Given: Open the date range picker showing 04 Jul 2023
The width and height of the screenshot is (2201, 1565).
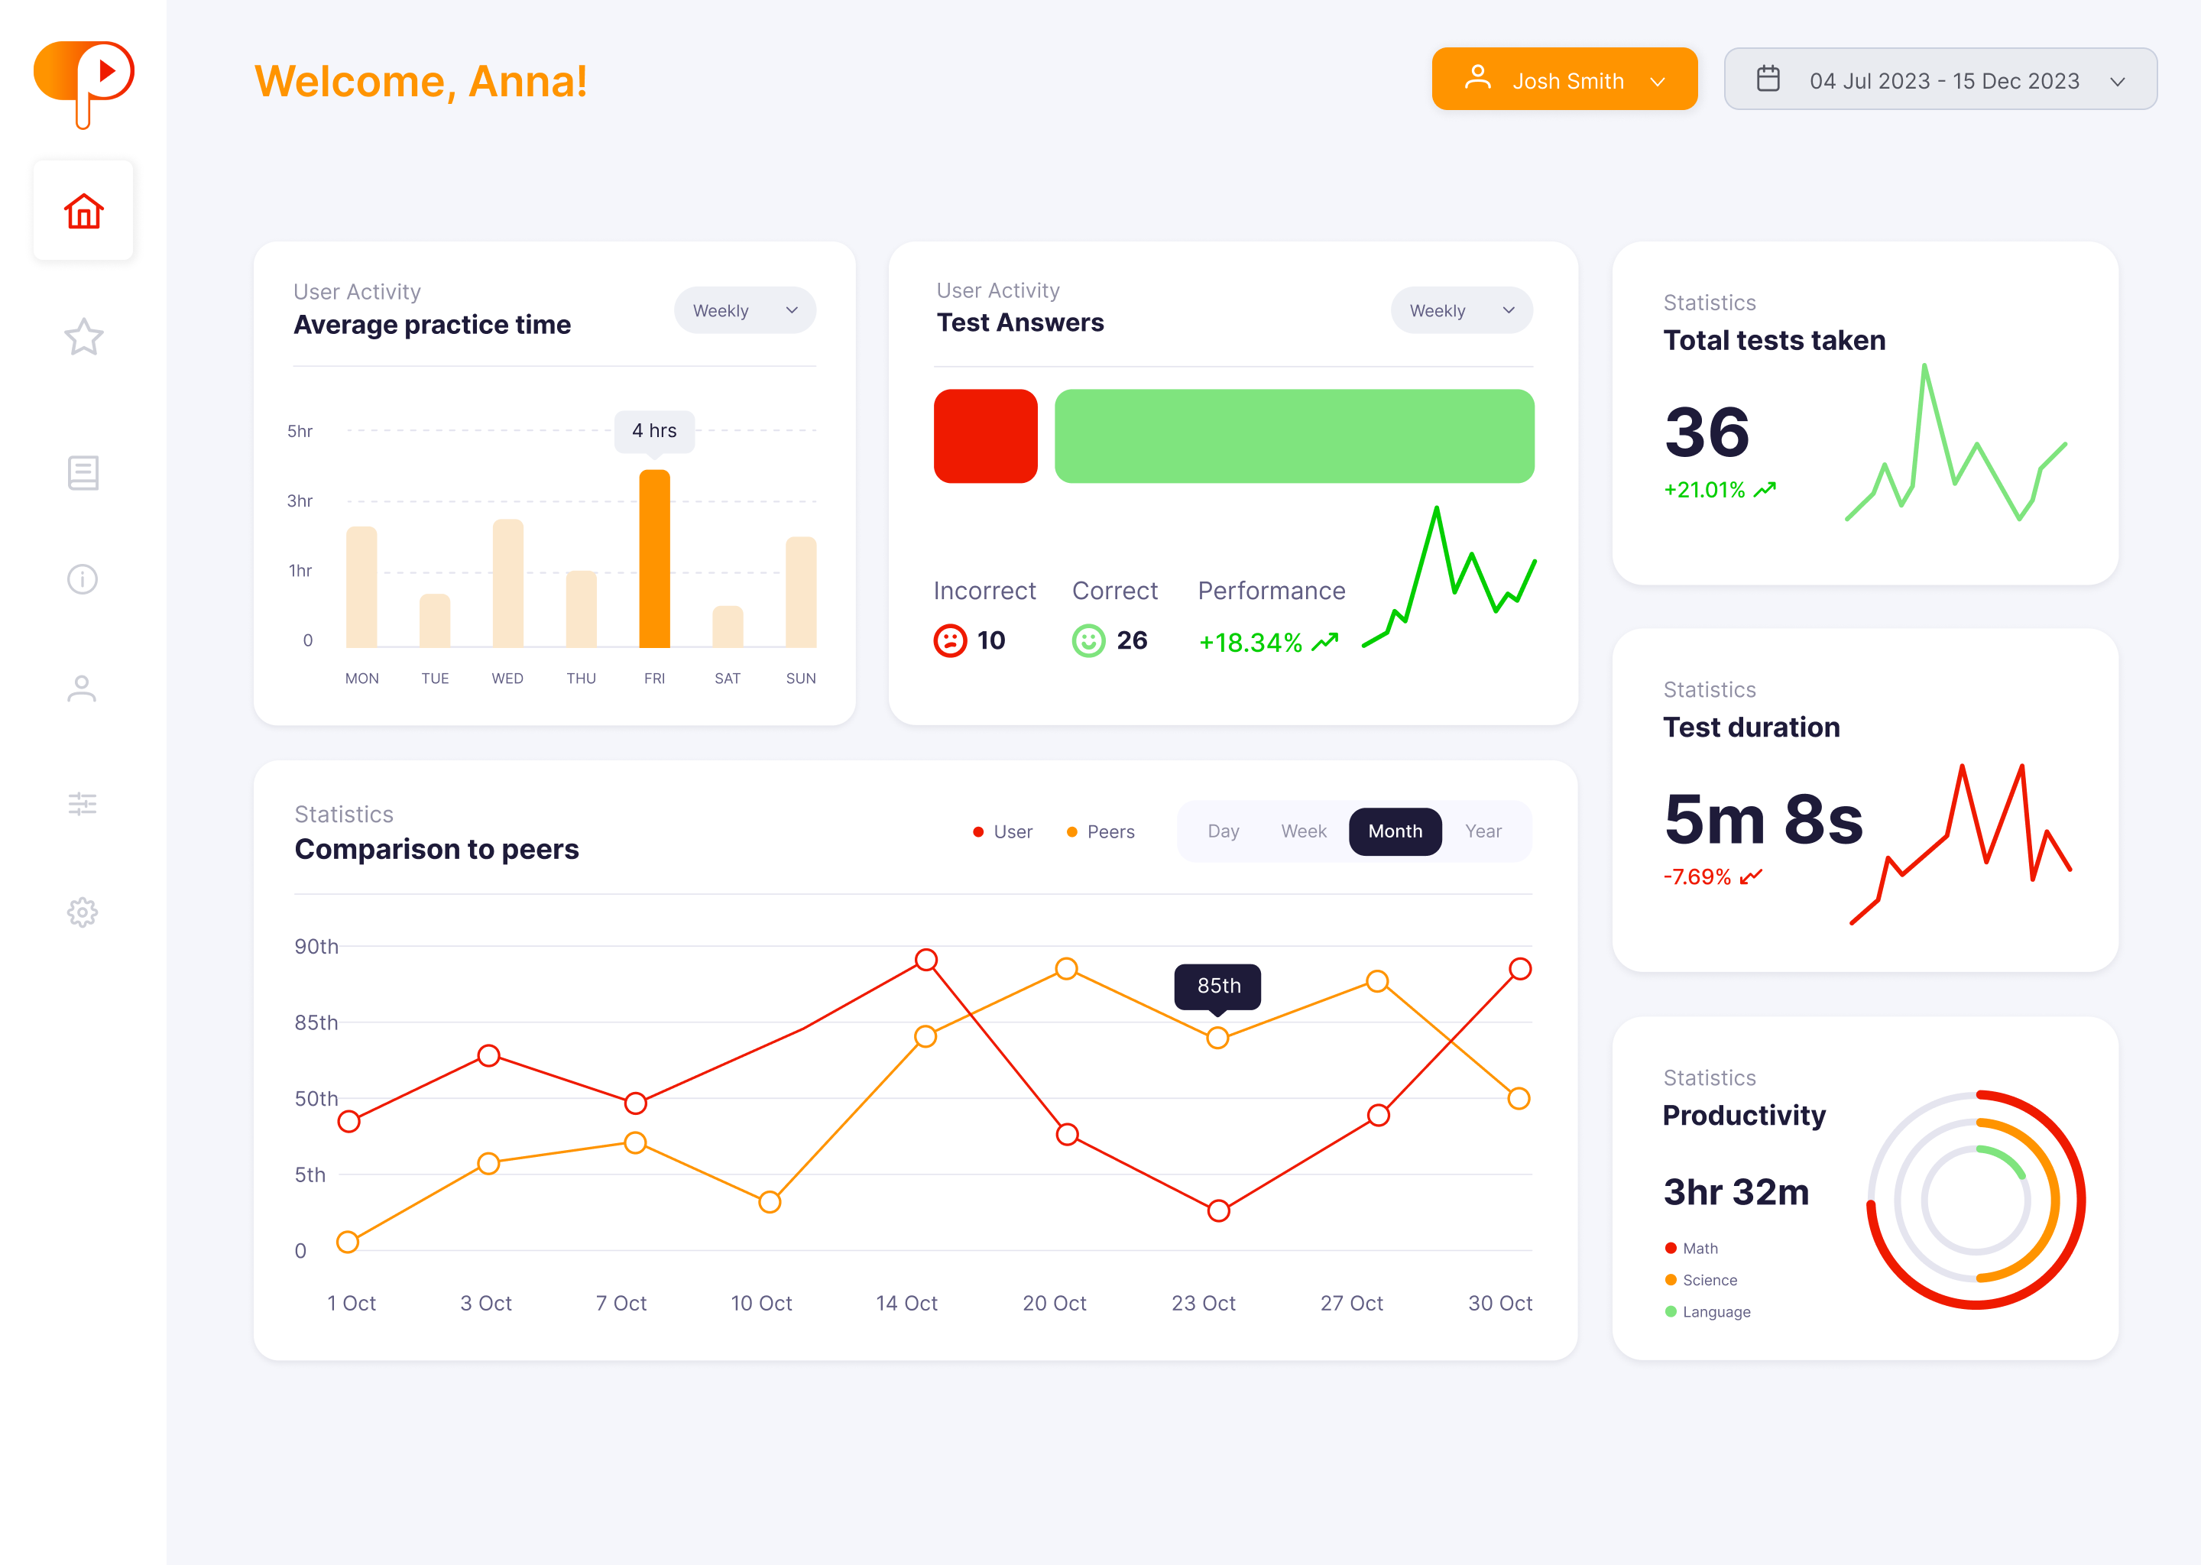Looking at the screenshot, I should click(x=1939, y=80).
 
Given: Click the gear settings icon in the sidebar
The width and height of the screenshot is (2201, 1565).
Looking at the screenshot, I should click(x=83, y=912).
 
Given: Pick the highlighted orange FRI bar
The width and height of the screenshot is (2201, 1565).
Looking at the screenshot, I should click(x=654, y=559).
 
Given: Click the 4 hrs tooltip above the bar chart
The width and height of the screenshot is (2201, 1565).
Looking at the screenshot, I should click(x=654, y=431).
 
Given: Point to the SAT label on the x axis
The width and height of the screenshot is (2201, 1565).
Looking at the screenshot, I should click(x=728, y=679).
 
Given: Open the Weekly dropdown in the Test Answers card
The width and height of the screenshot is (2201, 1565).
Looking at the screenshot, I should click(x=1461, y=310).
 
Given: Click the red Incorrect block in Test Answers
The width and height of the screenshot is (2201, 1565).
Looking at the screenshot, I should click(x=985, y=436).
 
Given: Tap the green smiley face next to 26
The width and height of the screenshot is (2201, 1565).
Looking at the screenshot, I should click(x=1088, y=641).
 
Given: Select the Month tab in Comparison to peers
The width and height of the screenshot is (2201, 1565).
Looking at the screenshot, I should click(x=1395, y=831).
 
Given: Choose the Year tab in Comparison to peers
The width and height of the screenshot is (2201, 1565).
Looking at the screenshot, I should click(x=1483, y=831).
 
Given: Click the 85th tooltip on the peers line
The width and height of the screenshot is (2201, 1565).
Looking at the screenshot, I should click(x=1218, y=986).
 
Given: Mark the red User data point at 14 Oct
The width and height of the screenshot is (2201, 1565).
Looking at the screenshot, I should click(x=926, y=960).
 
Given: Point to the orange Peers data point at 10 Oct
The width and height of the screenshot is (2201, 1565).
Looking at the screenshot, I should click(x=769, y=1202).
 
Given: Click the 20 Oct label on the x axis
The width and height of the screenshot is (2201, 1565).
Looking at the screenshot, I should click(x=1054, y=1303).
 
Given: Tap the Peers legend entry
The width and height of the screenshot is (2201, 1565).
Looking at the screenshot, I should click(x=1100, y=831).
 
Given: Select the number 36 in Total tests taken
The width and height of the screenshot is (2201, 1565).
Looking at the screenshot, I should click(x=1707, y=432).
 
